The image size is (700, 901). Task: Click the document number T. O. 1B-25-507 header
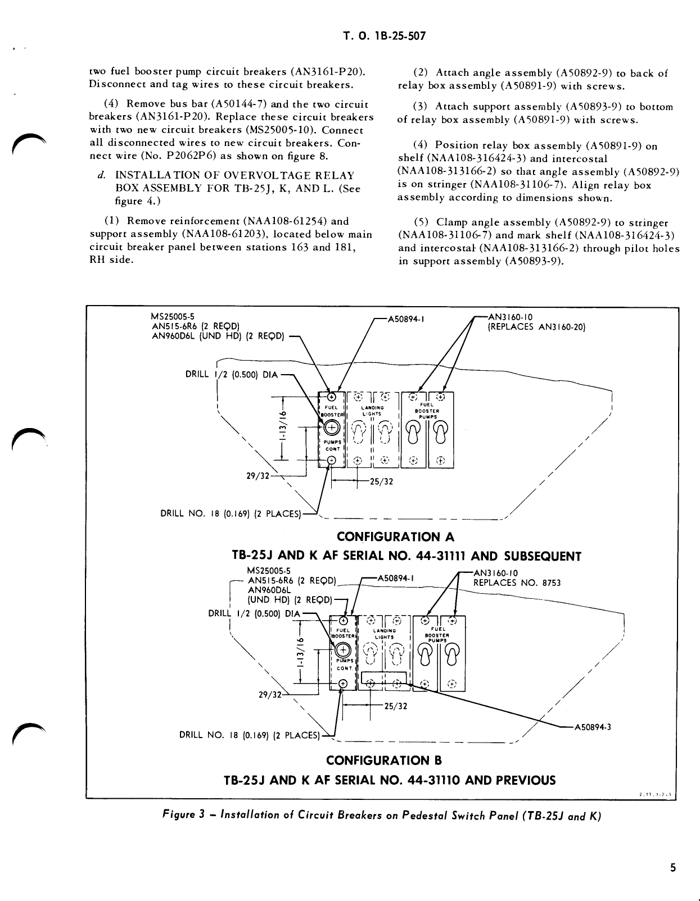coord(384,37)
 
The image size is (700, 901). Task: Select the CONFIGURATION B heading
coord(384,761)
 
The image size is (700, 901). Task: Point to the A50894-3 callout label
coord(592,727)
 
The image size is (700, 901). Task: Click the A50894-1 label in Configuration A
coord(405,319)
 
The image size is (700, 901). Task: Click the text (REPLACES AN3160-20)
coord(536,327)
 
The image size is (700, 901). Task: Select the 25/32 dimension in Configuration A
coord(381,481)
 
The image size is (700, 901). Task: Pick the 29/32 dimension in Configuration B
coord(269,695)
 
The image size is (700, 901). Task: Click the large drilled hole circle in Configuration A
coord(332,427)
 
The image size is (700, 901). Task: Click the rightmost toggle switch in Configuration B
coord(453,654)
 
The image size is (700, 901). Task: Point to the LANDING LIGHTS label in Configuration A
coord(372,411)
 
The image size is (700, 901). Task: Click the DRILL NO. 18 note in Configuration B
coord(249,735)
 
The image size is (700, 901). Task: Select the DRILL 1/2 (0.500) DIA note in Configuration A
coord(232,375)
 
